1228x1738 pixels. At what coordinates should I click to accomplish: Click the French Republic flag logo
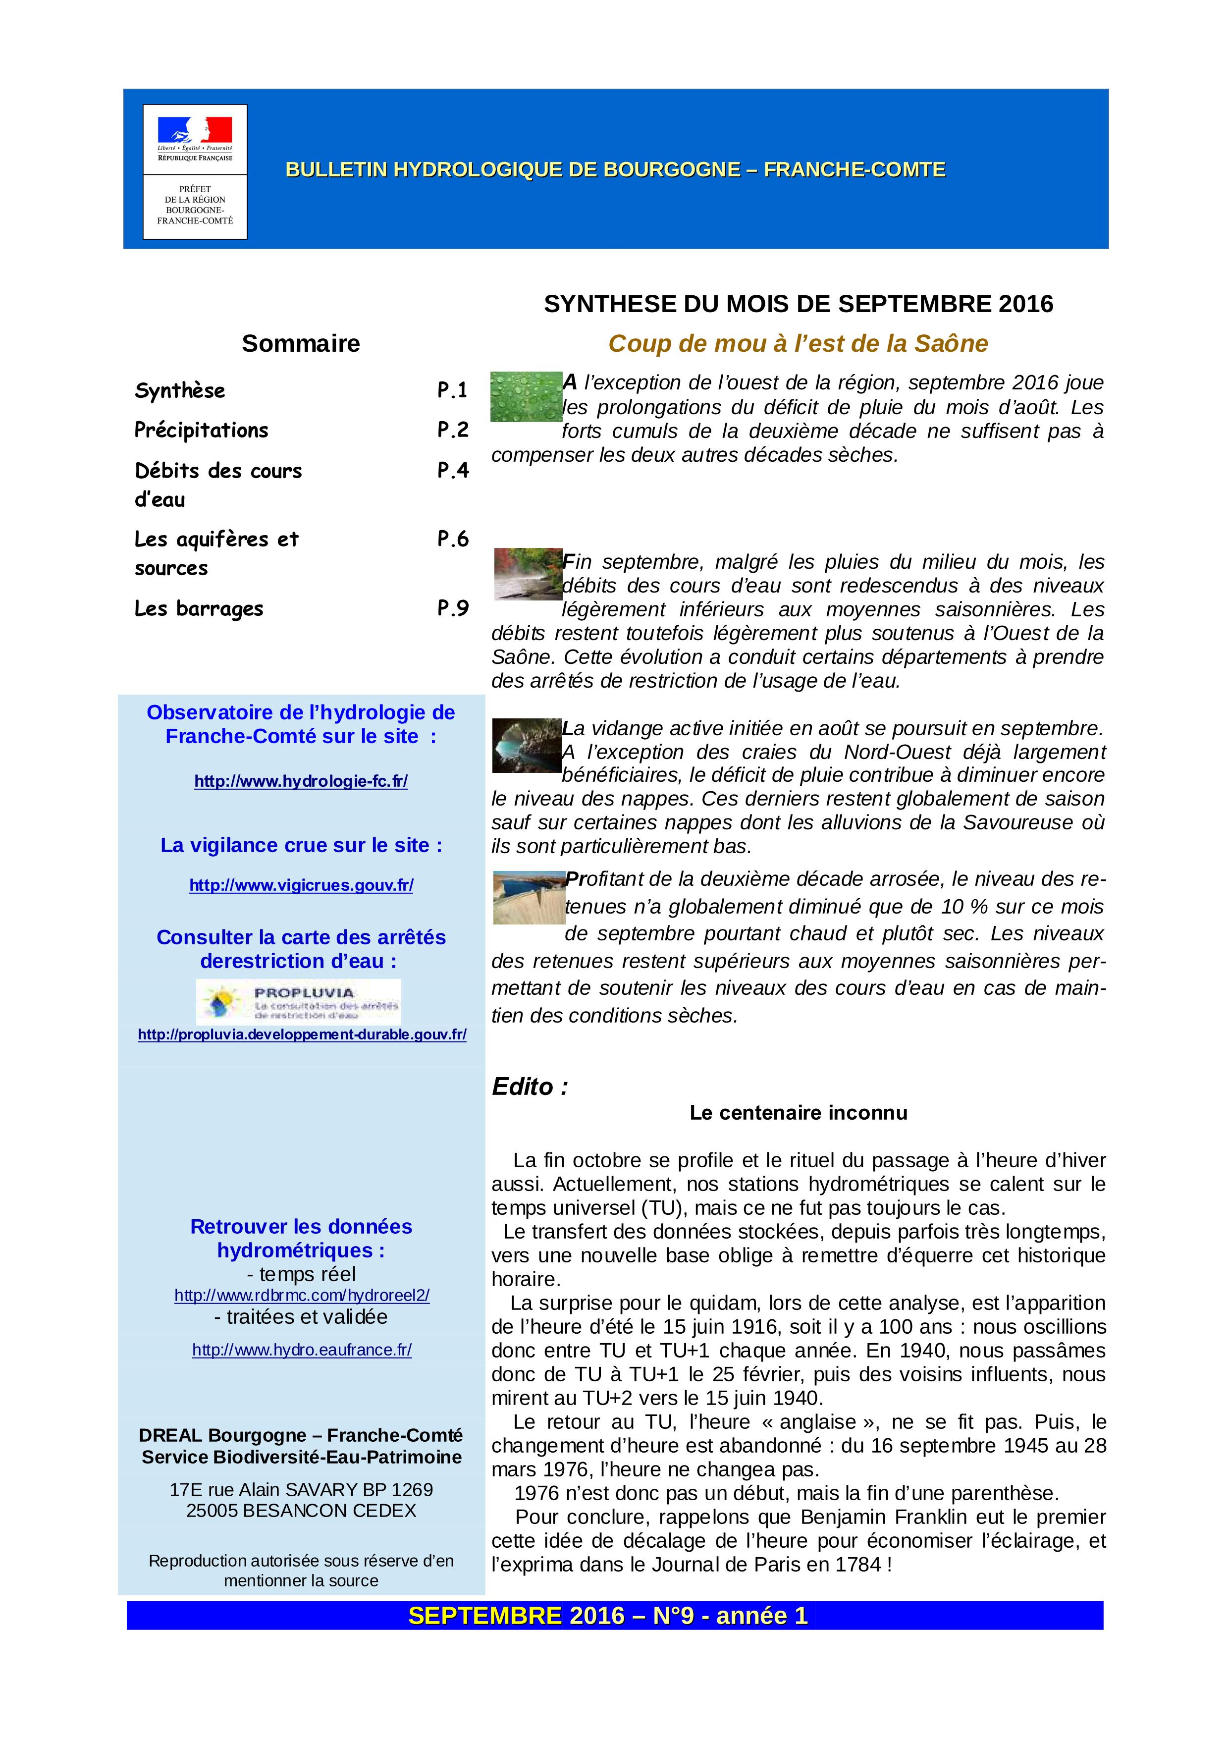coord(195,131)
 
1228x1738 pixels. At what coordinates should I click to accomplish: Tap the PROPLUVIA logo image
coord(298,1002)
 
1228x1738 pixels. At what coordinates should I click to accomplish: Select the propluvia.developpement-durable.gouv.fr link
coord(302,1034)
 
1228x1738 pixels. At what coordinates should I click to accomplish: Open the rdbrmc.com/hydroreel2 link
coord(302,1295)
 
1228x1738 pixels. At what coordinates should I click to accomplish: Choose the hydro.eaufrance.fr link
coord(302,1350)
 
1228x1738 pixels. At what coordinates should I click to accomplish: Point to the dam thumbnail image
coord(528,897)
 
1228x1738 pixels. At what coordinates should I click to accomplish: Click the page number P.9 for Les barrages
coord(452,608)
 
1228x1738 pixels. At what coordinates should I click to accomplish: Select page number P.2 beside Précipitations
coord(452,430)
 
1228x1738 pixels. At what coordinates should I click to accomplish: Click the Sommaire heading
coord(300,344)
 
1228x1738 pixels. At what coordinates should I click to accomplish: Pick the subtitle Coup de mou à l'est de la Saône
coord(798,344)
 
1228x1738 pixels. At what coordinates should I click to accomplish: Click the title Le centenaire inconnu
coord(798,1113)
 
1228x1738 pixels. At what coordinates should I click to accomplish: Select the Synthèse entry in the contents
coord(180,390)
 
